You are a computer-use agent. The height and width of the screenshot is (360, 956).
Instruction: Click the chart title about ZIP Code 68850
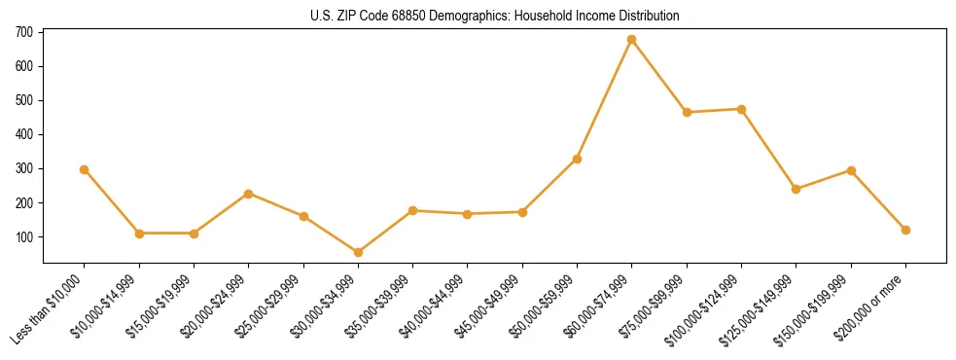click(x=494, y=17)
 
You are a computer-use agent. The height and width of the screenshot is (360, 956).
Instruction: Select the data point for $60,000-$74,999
click(x=632, y=40)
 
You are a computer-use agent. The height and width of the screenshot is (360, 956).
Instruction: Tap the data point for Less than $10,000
click(x=85, y=169)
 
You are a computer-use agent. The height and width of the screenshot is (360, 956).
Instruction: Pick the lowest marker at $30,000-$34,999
click(x=358, y=252)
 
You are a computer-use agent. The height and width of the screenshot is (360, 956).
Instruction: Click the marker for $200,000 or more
click(x=905, y=230)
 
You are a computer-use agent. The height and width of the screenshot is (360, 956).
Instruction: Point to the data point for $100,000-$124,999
click(x=741, y=109)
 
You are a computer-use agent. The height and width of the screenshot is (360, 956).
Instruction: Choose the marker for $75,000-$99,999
click(x=687, y=112)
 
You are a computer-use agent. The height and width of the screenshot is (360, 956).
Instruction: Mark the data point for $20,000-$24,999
click(x=249, y=194)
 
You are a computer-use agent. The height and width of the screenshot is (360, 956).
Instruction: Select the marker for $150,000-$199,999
click(x=851, y=170)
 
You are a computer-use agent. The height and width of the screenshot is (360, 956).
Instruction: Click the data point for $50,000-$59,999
click(x=577, y=159)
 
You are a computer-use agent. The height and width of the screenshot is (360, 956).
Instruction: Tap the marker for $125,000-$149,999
click(x=797, y=189)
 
